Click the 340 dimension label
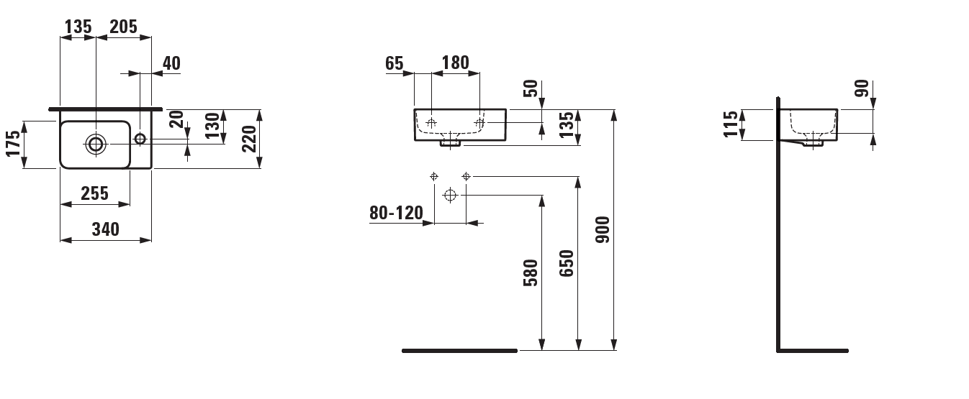coord(106,229)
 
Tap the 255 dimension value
coord(95,193)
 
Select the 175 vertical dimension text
coord(14,143)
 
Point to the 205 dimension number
coord(123,27)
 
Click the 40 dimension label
coord(171,63)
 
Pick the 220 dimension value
coord(250,139)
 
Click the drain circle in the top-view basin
coord(96,144)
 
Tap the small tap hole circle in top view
coord(140,139)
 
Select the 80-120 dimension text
coord(396,213)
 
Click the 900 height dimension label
coord(602,230)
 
